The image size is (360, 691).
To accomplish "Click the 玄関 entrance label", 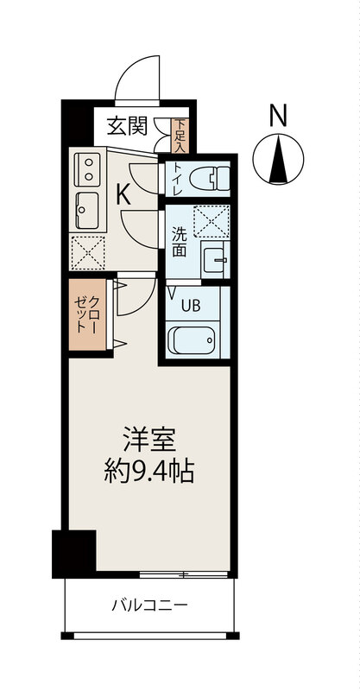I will click(126, 126).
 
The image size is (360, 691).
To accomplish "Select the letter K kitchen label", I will click(124, 195).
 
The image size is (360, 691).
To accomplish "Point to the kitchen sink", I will click(87, 207).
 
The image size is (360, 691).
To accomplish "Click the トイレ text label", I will click(177, 179).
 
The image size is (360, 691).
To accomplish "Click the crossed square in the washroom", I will click(211, 220).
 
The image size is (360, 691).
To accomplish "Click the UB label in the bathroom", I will click(191, 303).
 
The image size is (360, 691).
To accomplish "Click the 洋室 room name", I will click(150, 440).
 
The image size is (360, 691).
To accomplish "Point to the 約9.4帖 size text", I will click(150, 472).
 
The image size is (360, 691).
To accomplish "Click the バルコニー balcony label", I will click(148, 605).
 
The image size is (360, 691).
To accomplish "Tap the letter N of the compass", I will click(277, 115).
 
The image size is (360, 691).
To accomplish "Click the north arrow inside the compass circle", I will click(277, 160).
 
